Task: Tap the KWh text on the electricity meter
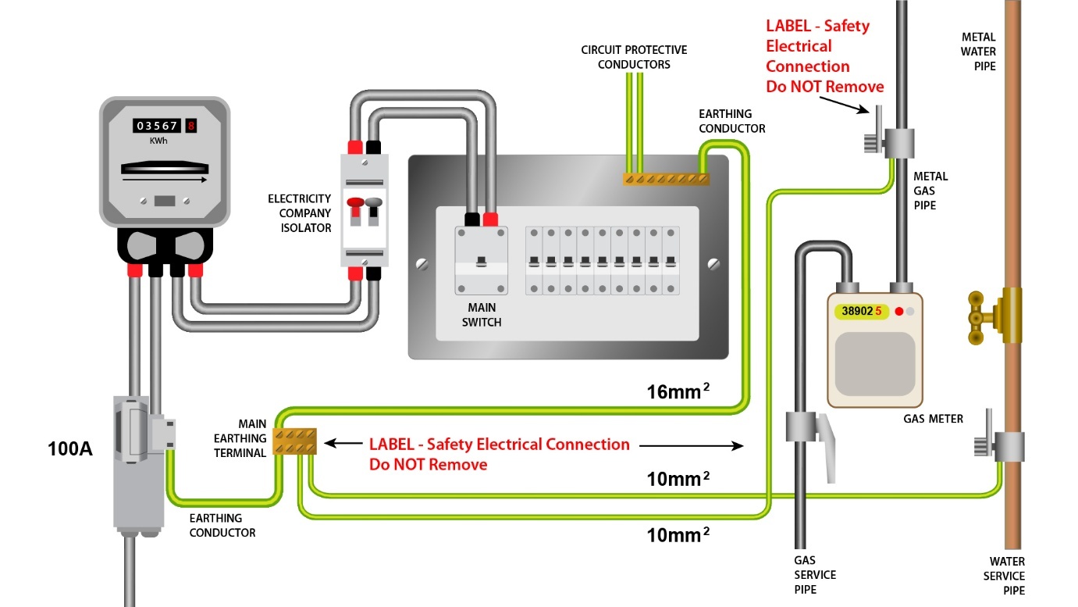pyautogui.click(x=158, y=141)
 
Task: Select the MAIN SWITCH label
pyautogui.click(x=482, y=315)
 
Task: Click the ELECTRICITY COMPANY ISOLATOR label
pyautogui.click(x=300, y=213)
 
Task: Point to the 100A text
pyautogui.click(x=69, y=449)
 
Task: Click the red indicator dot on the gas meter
pyautogui.click(x=898, y=312)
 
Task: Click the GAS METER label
pyautogui.click(x=933, y=419)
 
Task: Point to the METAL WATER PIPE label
pyautogui.click(x=978, y=52)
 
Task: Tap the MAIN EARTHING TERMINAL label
pyautogui.click(x=241, y=438)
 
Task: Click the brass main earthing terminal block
pyautogui.click(x=294, y=441)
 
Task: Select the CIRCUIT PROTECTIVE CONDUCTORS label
pyautogui.click(x=634, y=57)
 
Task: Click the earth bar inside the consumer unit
pyautogui.click(x=666, y=179)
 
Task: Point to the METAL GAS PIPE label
pyautogui.click(x=930, y=191)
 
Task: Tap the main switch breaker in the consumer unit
pyautogui.click(x=482, y=261)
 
